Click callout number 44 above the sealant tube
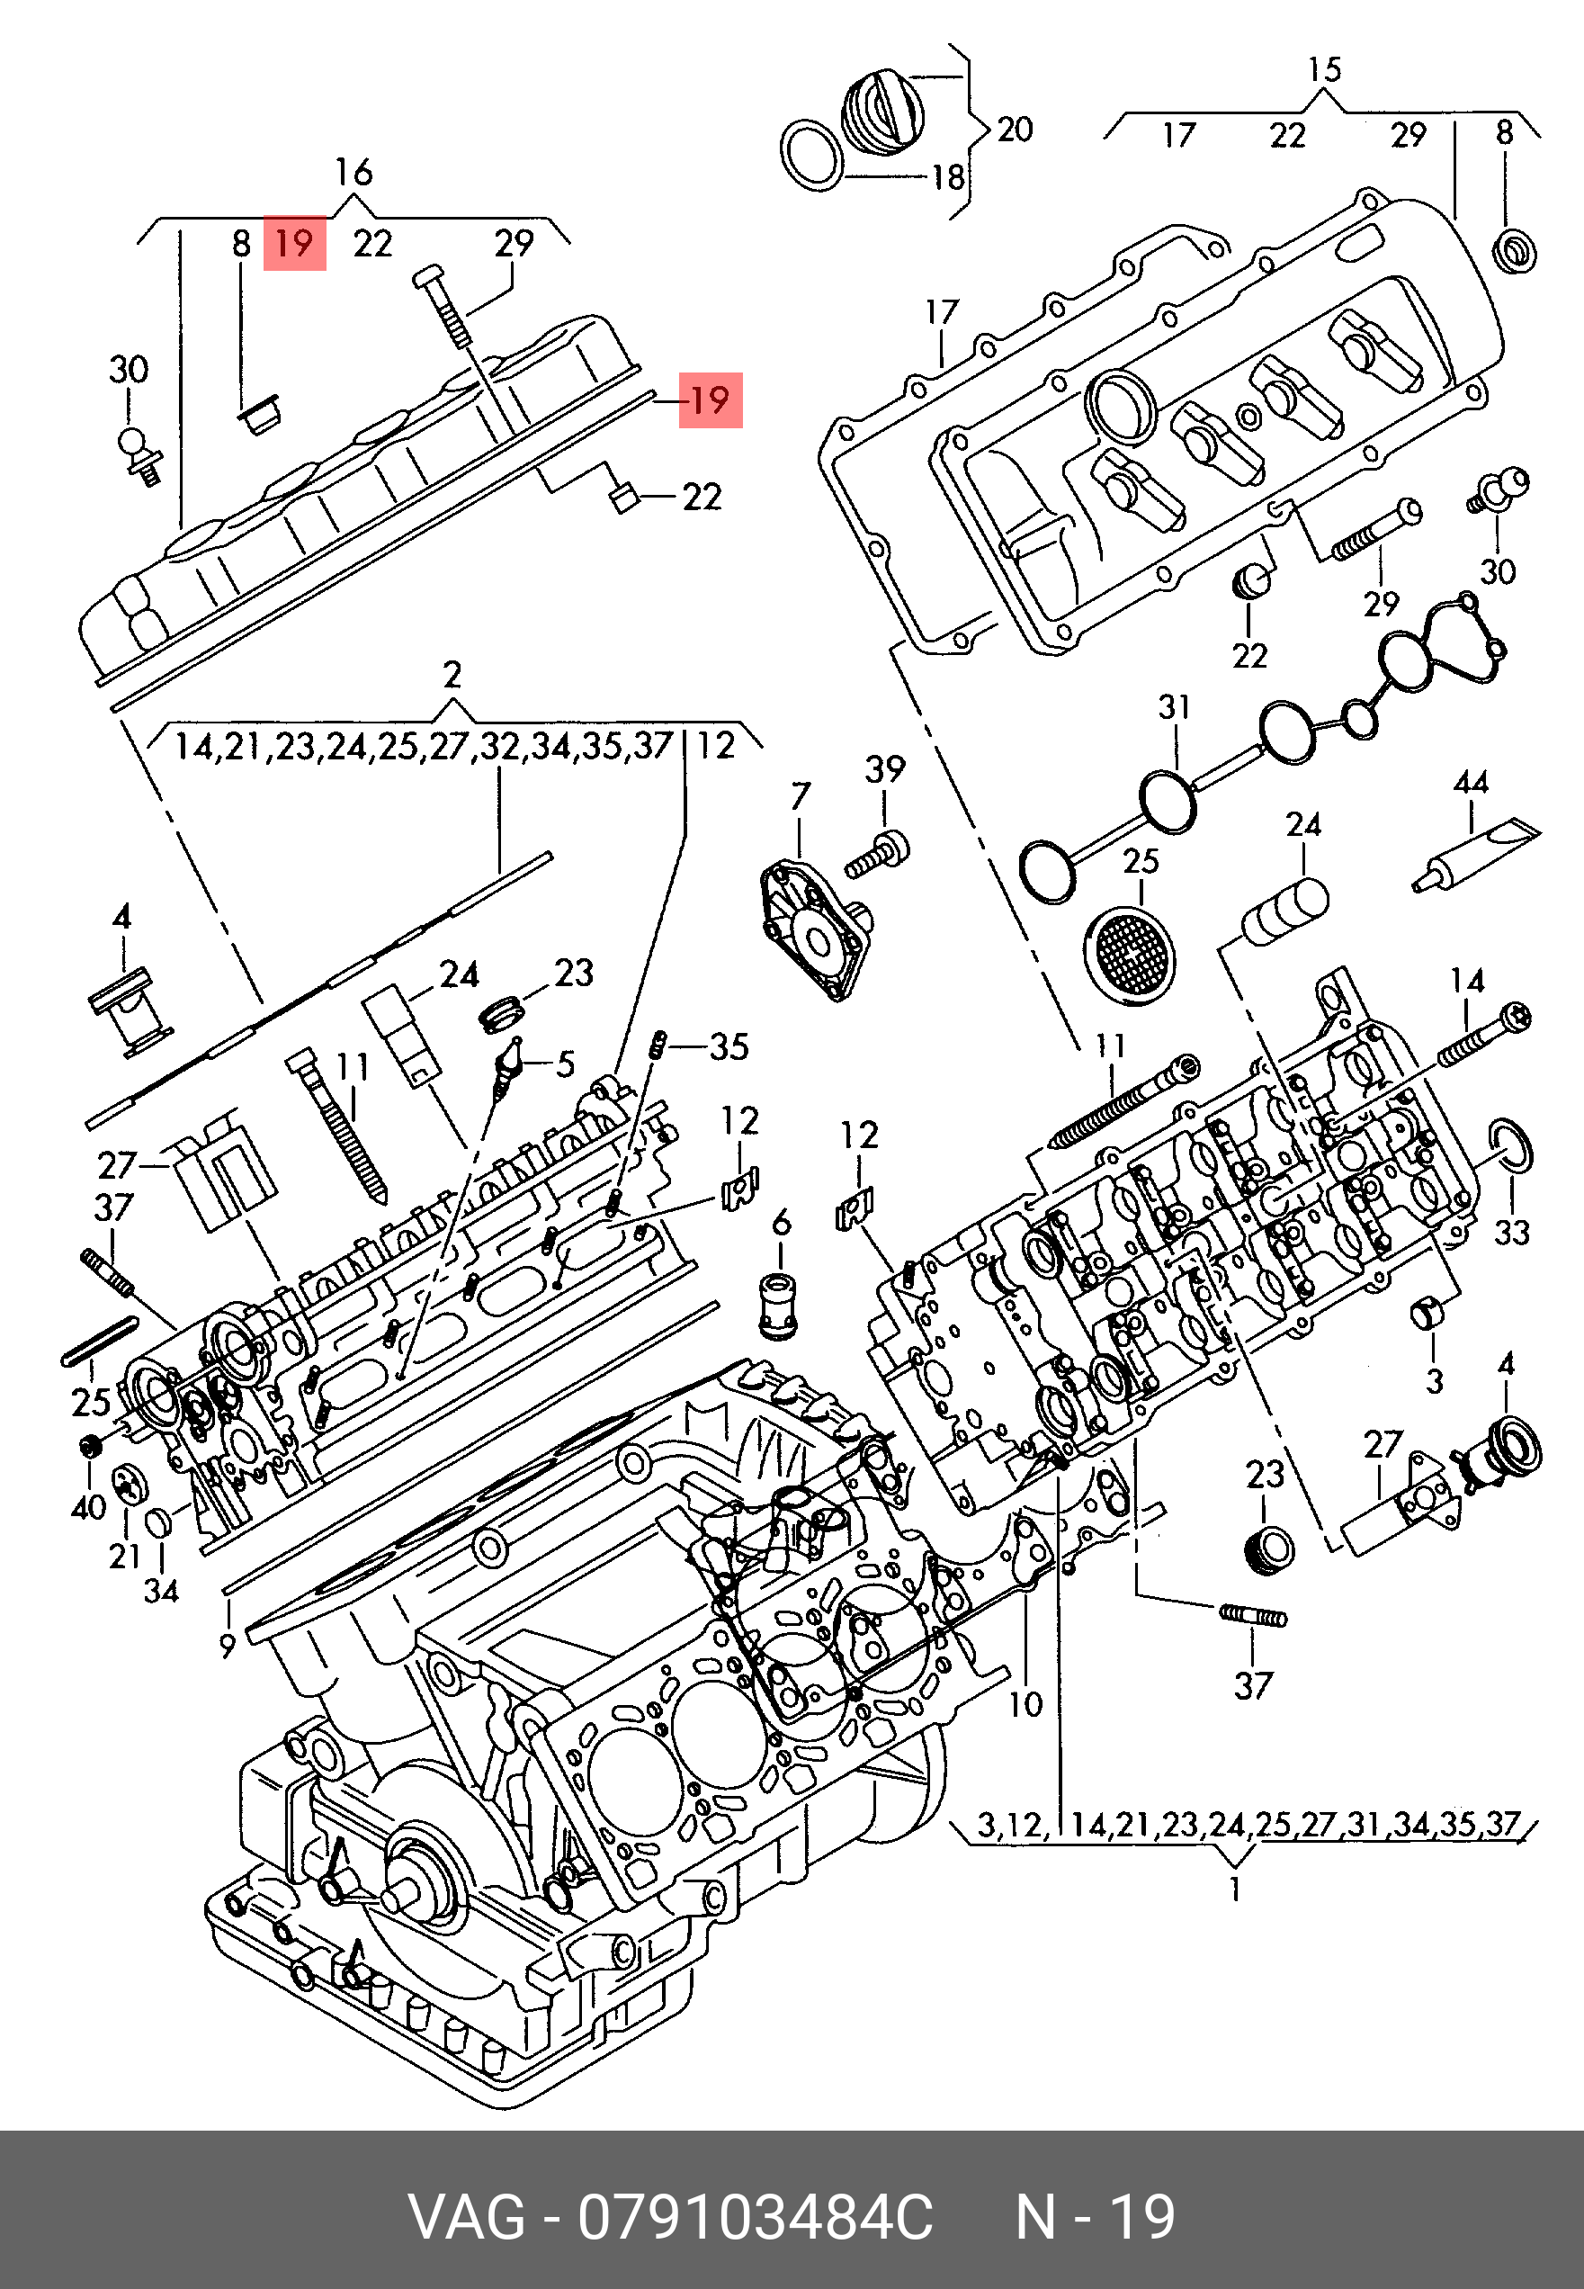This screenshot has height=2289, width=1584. point(1470,782)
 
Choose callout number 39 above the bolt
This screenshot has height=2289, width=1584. point(885,768)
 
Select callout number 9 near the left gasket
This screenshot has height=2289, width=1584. point(228,1646)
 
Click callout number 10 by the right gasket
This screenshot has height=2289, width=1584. point(1025,1704)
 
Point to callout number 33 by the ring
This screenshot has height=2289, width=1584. point(1511,1232)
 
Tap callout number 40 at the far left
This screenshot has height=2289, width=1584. point(88,1508)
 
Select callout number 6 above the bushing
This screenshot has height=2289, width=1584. point(781,1223)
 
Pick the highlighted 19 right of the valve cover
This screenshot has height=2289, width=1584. point(710,400)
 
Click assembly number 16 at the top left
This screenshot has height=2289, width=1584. point(353,173)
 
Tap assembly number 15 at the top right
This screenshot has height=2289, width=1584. point(1324,69)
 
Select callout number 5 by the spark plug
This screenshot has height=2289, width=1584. point(565,1065)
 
